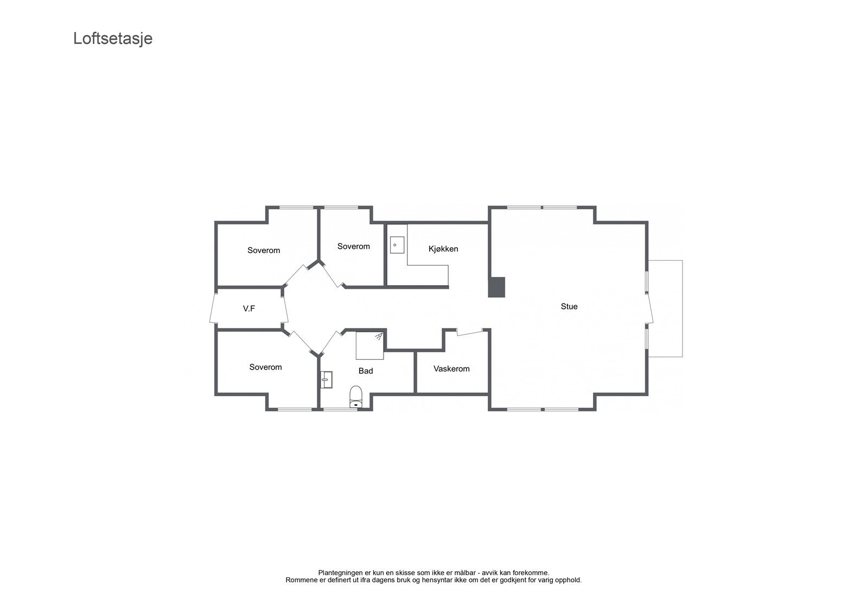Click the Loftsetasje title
[x=113, y=38]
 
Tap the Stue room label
[x=569, y=306]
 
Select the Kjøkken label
[x=443, y=249]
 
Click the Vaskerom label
[x=451, y=369]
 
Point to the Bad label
[x=366, y=371]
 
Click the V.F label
[x=249, y=308]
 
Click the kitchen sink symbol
[x=397, y=245]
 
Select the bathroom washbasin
[x=326, y=379]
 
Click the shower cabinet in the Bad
[x=369, y=346]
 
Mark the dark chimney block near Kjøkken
[x=496, y=287]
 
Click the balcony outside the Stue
[x=666, y=308]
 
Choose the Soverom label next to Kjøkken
[x=354, y=246]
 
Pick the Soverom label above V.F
[x=264, y=250]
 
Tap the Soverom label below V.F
[x=265, y=367]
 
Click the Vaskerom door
[x=470, y=332]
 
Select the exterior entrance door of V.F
[x=212, y=308]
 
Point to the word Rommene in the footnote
[x=301, y=580]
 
